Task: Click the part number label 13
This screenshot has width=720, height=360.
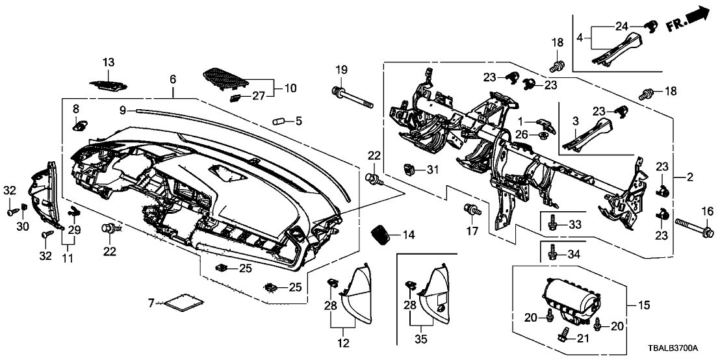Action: point(108,62)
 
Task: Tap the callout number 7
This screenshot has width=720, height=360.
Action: point(151,303)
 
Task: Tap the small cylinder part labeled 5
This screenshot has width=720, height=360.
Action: point(280,121)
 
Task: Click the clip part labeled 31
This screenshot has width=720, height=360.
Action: point(409,170)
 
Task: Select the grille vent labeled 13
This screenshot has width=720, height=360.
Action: point(108,85)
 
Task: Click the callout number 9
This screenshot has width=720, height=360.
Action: point(122,110)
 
